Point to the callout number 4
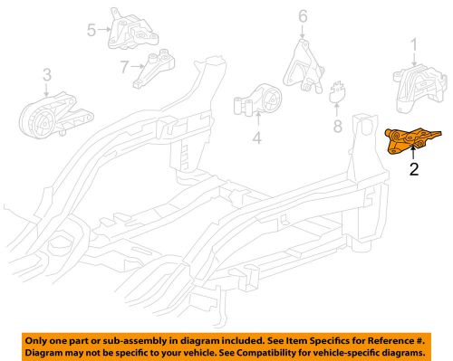(256, 138)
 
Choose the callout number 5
(91, 30)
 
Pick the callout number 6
(303, 15)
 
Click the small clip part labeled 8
(340, 93)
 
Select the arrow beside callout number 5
(101, 30)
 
